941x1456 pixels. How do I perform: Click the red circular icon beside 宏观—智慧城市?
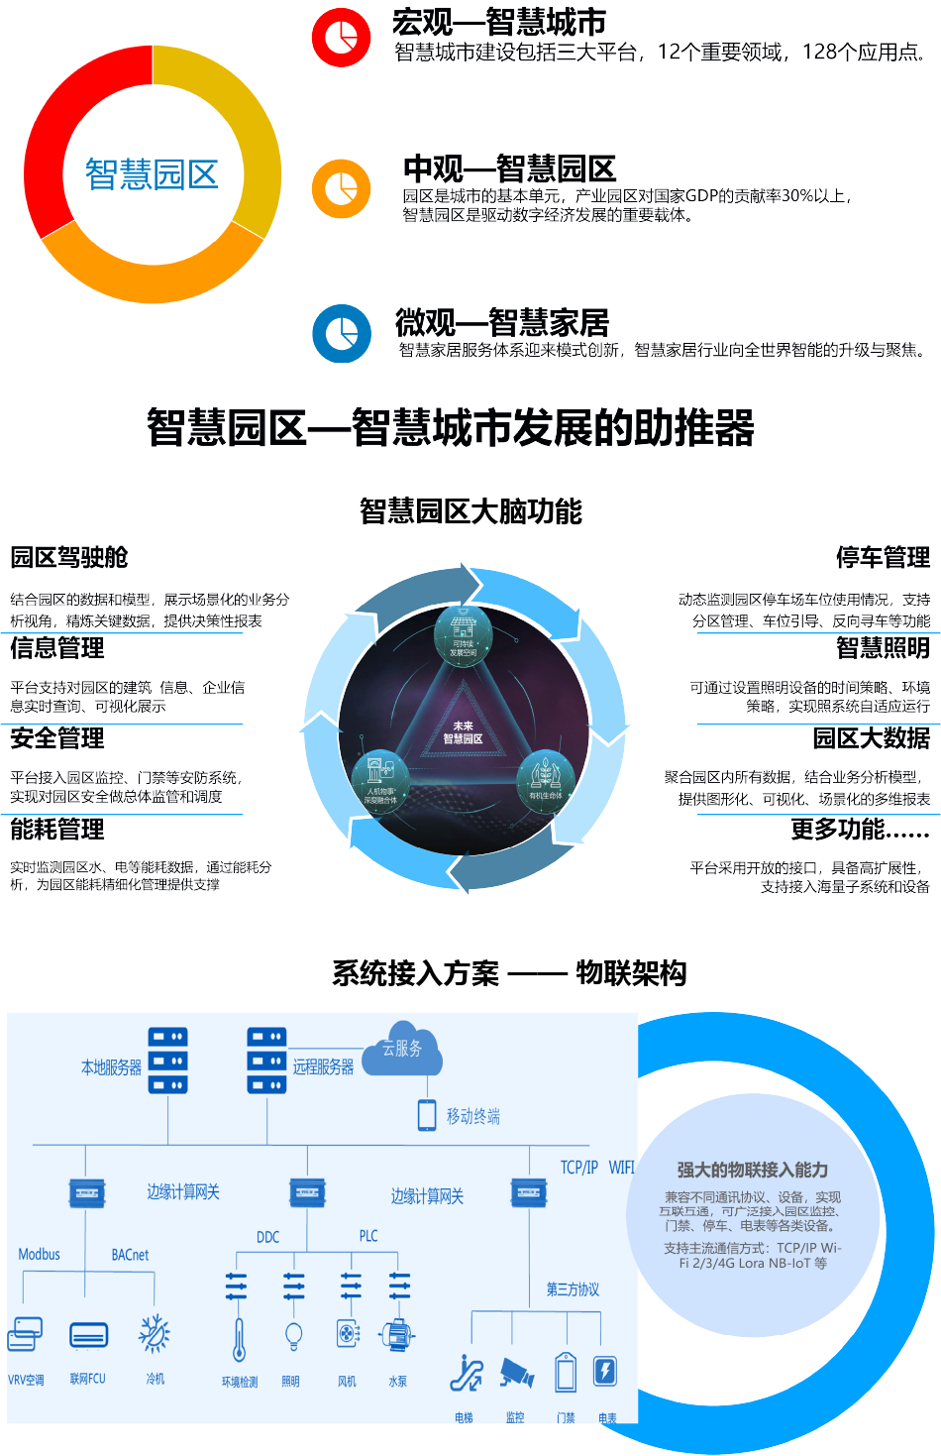[x=341, y=38]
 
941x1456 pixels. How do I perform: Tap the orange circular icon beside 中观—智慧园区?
[x=341, y=188]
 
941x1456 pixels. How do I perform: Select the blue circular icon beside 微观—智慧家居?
[x=342, y=333]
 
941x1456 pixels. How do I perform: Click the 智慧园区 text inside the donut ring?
[x=152, y=174]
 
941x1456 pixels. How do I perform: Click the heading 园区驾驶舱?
[x=69, y=558]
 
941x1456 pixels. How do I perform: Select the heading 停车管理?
[x=883, y=558]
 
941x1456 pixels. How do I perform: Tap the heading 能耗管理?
[x=57, y=830]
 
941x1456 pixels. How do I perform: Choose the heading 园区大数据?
[x=872, y=738]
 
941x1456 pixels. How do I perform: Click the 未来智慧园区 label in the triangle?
[x=463, y=732]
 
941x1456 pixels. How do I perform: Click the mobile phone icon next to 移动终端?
[x=427, y=1115]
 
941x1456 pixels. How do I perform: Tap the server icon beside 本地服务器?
[x=167, y=1061]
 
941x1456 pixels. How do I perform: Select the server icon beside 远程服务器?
[x=266, y=1061]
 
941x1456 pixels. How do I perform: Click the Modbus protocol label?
[x=40, y=1255]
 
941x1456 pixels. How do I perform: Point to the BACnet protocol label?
[x=130, y=1255]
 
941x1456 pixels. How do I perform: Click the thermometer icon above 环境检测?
[x=239, y=1340]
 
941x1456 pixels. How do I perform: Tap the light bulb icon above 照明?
[x=293, y=1337]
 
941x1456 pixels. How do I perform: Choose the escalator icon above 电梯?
[x=466, y=1373]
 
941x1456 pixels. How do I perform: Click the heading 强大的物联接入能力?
[x=753, y=1170]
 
